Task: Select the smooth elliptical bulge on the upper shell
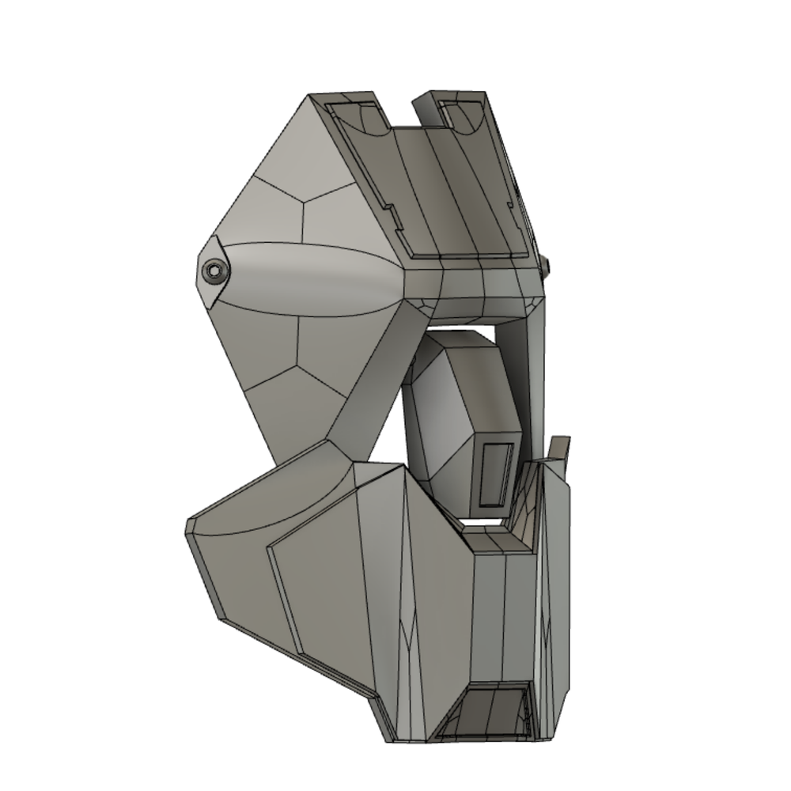[316, 279]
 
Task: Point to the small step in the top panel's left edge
[389, 214]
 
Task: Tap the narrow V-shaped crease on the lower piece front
[408, 633]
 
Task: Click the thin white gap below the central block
[483, 523]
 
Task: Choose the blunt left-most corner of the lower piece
[191, 526]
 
